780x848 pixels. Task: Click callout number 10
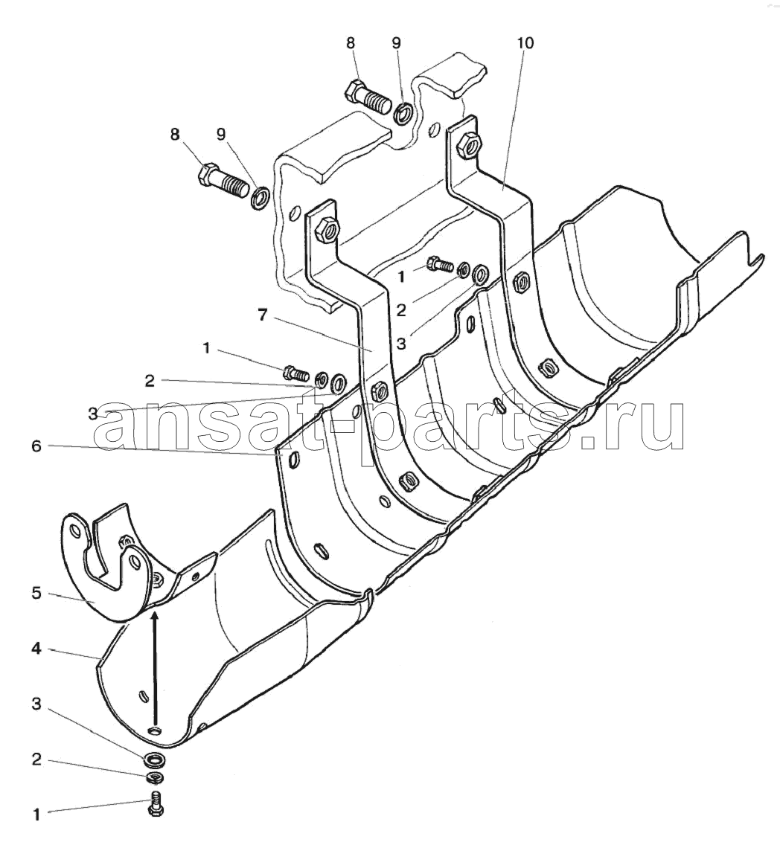525,42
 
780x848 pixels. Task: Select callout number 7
263,315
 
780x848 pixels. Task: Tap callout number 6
36,446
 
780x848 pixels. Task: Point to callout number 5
36,594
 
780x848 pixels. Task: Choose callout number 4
36,647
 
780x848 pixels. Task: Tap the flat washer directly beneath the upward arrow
155,760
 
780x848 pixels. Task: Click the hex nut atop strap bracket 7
327,229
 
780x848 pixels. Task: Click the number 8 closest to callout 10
351,42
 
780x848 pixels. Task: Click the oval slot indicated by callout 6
292,459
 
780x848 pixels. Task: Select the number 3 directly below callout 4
36,704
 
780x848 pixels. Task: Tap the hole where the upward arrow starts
156,731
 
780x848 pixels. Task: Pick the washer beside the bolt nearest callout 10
403,114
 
